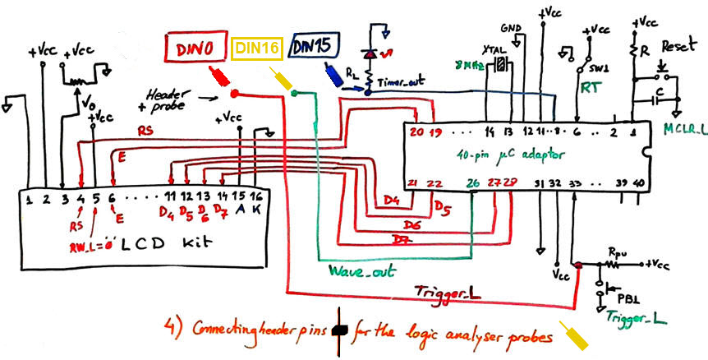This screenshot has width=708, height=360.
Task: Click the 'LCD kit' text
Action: coord(160,244)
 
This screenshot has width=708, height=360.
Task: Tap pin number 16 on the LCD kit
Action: coord(256,198)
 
